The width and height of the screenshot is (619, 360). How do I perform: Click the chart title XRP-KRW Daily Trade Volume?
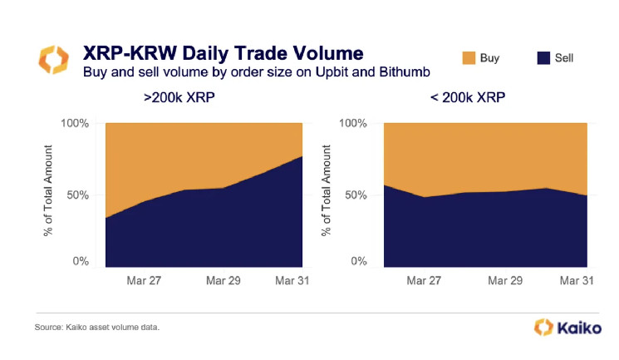(223, 55)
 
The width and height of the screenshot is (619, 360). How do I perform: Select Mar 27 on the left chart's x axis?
(144, 281)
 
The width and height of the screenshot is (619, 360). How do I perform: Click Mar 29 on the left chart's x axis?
(222, 281)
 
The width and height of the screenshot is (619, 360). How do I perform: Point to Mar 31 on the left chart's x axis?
(292, 281)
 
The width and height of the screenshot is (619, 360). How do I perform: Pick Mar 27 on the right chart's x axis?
(424, 281)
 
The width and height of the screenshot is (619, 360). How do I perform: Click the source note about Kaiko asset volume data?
(97, 328)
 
